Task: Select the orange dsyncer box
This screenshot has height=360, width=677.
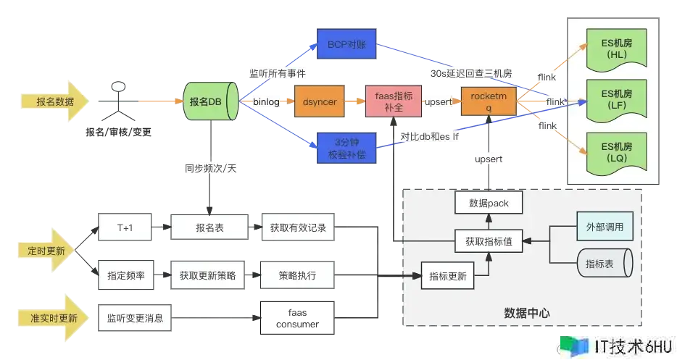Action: [x=320, y=102]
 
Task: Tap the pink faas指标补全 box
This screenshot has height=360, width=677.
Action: [x=394, y=101]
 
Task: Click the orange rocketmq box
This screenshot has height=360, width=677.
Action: [x=488, y=101]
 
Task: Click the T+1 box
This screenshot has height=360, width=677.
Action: [x=126, y=227]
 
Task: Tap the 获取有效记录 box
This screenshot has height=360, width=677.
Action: [x=298, y=227]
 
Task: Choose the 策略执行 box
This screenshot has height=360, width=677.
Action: [x=298, y=276]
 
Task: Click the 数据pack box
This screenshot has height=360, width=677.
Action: [x=489, y=204]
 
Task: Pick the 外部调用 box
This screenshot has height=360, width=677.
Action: [x=605, y=227]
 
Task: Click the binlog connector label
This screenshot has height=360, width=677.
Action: [x=267, y=102]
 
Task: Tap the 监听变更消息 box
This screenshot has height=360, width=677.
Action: [x=135, y=317]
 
